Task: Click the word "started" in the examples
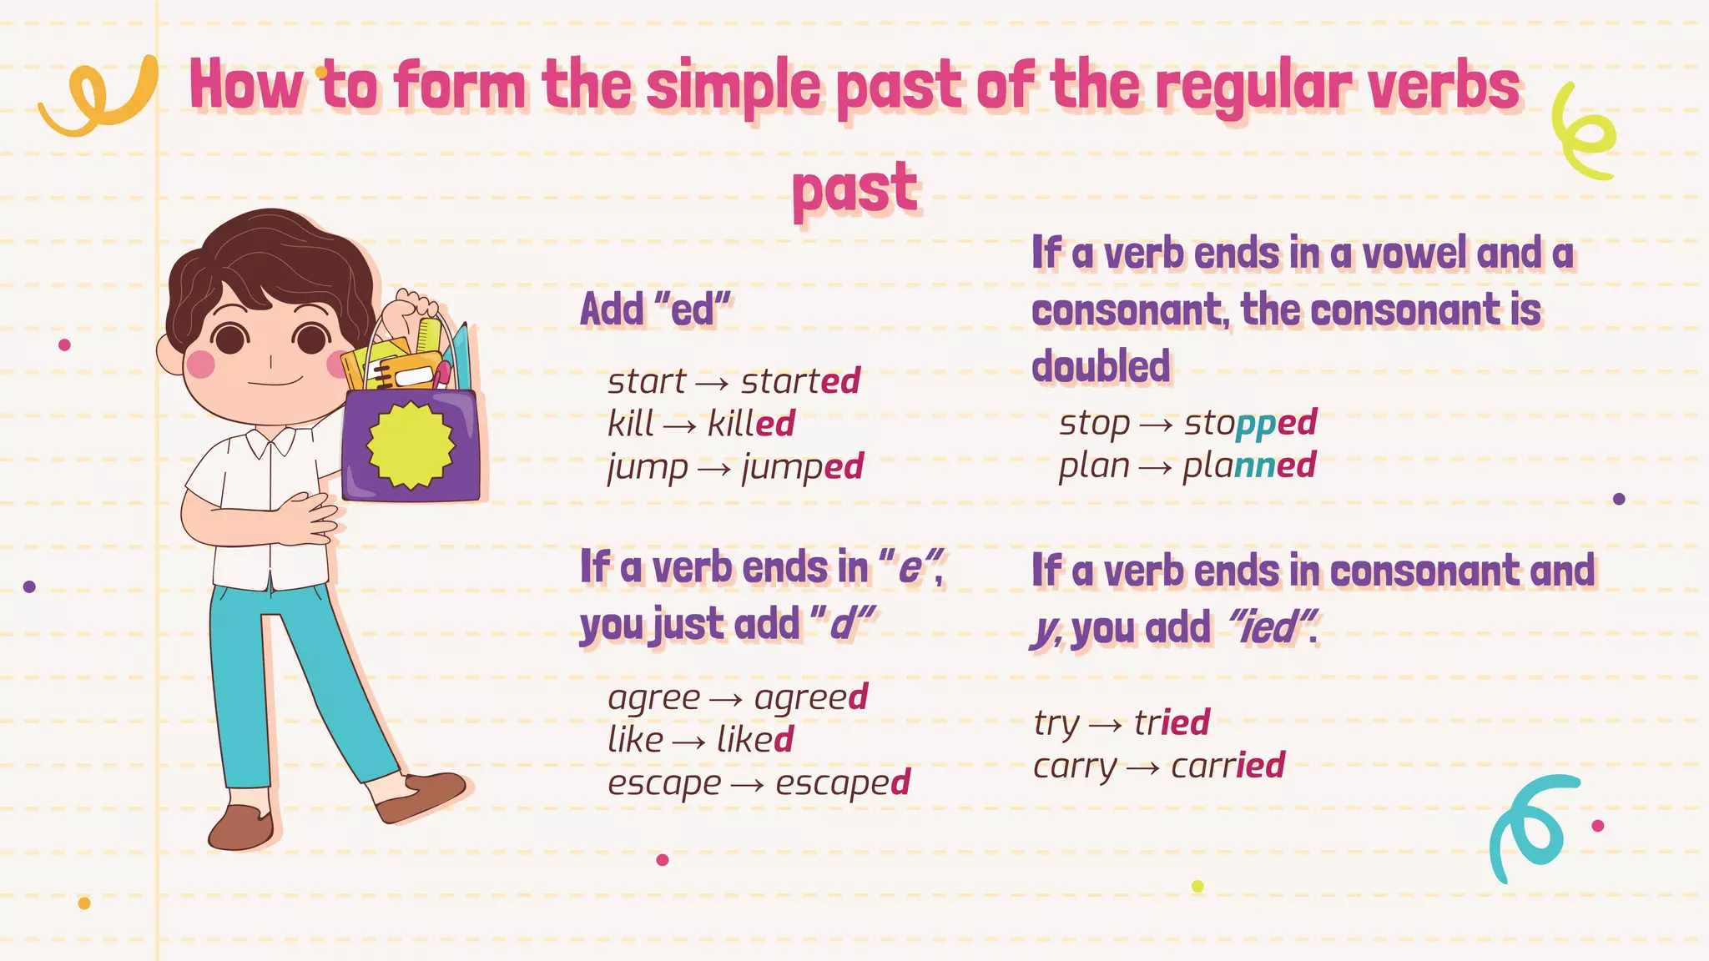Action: pos(800,381)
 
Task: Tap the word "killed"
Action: pos(751,424)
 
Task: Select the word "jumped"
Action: pos(803,467)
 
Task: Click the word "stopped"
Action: pos(1250,424)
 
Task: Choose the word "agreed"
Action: pos(811,698)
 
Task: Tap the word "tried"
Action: pos(1172,722)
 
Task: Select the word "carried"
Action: pos(1228,766)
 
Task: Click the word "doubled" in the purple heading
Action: pos(1101,366)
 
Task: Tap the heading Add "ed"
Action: pos(656,309)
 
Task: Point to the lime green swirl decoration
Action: pos(1583,133)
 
